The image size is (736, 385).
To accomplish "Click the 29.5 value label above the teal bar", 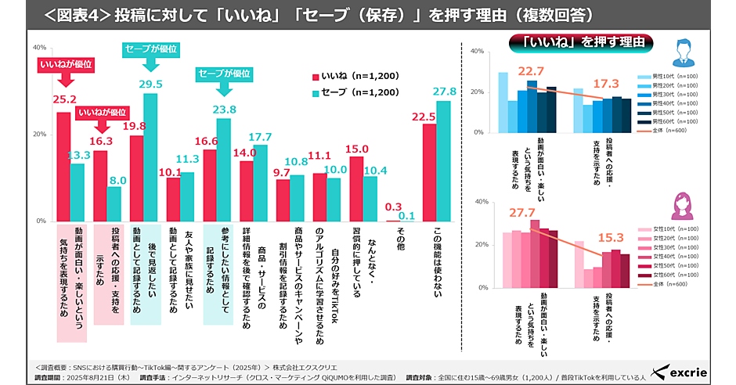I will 150,85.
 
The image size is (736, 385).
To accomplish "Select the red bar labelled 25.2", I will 63,167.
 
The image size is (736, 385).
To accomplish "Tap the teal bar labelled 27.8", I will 445,161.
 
